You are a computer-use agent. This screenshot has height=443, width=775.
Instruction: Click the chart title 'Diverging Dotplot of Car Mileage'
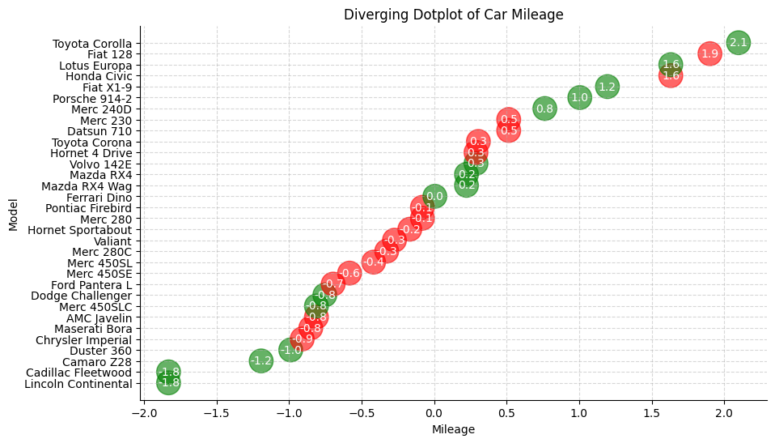tap(453, 15)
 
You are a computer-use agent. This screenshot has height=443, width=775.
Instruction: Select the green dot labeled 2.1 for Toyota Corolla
tap(738, 42)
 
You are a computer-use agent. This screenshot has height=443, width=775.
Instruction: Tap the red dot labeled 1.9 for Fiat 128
tap(709, 53)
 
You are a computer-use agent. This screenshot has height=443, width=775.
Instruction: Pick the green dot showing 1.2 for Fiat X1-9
tap(607, 87)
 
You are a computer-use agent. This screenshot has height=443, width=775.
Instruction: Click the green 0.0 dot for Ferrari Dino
tap(434, 196)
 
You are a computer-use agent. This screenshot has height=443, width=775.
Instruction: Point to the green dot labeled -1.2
tap(260, 360)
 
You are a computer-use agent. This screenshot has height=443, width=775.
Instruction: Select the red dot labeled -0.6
tap(349, 273)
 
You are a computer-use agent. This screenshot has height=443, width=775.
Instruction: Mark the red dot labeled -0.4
tap(373, 262)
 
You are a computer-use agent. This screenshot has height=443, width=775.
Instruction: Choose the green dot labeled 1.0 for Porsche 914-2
tap(579, 97)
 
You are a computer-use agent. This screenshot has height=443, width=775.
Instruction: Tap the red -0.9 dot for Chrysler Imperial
tap(302, 339)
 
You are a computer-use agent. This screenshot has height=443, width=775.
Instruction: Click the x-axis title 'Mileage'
tap(453, 430)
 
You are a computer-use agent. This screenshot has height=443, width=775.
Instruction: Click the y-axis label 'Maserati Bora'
tap(93, 329)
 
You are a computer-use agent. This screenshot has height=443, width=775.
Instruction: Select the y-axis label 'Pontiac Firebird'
tap(90, 208)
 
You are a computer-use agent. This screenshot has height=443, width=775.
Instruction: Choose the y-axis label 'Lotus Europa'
tap(95, 66)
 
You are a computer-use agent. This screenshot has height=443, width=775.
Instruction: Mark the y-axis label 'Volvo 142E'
tap(100, 164)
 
